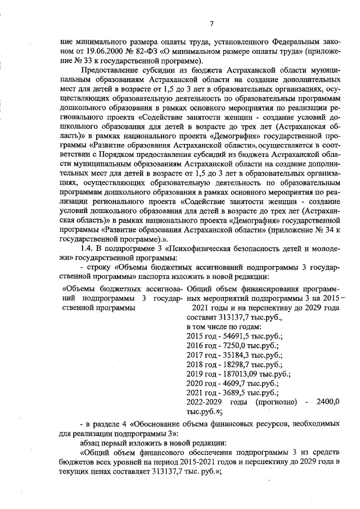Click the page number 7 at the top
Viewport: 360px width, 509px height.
[x=211, y=23]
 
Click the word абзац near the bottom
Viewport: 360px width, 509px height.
[x=91, y=442]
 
